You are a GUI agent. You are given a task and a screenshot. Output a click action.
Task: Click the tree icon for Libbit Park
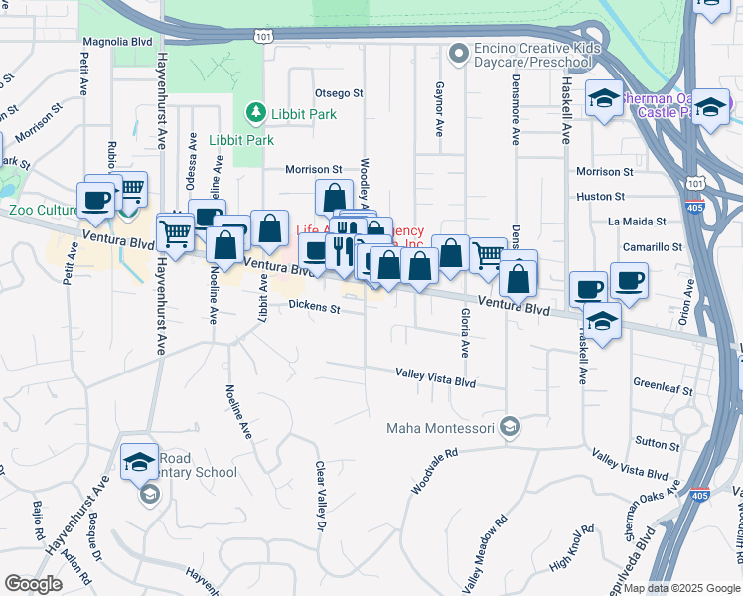[257, 110]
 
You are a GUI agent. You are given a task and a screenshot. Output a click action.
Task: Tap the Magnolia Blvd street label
[117, 42]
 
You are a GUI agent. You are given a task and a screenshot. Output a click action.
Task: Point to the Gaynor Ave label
[438, 109]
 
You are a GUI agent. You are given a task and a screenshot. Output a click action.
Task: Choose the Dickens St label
[315, 309]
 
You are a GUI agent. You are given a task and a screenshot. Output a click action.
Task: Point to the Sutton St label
[657, 441]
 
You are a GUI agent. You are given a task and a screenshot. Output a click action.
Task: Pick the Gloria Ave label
[464, 333]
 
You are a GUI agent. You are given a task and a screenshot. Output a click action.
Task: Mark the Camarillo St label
[653, 246]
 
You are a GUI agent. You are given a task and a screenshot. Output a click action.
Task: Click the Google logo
[34, 584]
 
